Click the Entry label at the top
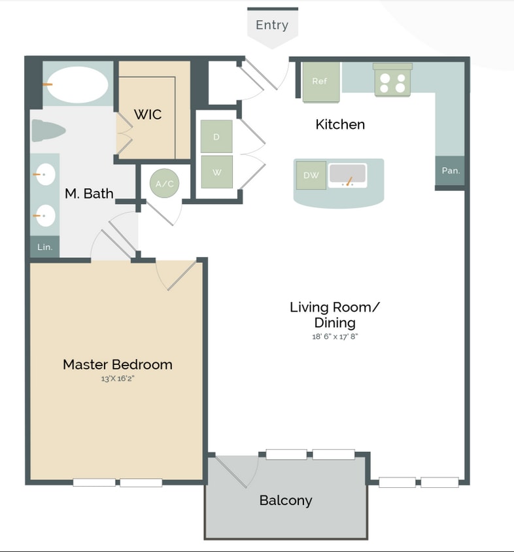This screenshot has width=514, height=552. click(x=272, y=26)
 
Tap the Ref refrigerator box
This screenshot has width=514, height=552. click(x=320, y=82)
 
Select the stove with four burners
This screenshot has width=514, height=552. click(x=392, y=82)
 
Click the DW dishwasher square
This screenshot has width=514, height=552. click(x=311, y=175)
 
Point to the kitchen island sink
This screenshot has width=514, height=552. click(x=348, y=175)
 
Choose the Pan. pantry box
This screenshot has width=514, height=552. click(x=451, y=171)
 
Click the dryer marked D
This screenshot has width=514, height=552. click(x=216, y=137)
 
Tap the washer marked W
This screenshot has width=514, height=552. click(x=216, y=172)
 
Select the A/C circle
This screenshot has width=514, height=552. click(x=165, y=184)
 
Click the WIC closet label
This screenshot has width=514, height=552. click(x=148, y=114)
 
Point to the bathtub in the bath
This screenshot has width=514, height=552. click(x=77, y=84)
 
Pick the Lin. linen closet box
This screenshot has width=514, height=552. click(x=44, y=247)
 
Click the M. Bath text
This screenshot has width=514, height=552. click(x=89, y=194)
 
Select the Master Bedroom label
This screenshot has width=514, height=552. click(x=118, y=364)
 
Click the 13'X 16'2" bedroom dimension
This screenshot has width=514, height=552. click(x=118, y=378)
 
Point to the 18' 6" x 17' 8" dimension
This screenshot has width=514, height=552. click(x=335, y=337)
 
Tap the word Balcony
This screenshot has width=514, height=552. click(x=286, y=500)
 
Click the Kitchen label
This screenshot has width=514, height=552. click(x=340, y=124)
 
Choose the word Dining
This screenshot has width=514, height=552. click(x=335, y=322)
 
